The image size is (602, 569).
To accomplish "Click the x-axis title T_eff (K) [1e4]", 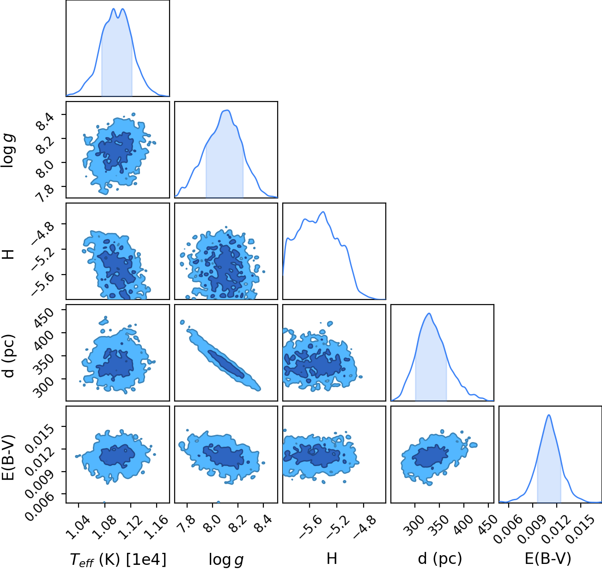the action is pos(118,559).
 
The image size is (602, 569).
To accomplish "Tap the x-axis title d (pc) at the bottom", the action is pos(440,559).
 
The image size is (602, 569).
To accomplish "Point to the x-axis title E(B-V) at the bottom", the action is pos(548,559).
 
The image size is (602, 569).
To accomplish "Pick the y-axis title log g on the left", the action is pos(9,151).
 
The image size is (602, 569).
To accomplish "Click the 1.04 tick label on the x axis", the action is pos(78,527).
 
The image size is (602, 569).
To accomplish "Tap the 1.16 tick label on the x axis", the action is pos(156,527).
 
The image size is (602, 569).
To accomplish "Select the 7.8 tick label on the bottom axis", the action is pos(187,524).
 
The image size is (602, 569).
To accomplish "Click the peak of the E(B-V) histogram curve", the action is pos(549,415).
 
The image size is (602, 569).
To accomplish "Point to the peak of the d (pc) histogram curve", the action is pos(429,313).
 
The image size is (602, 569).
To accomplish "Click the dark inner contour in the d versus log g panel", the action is pos(226,365).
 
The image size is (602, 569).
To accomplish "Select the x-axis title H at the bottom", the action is pos(332,559).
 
